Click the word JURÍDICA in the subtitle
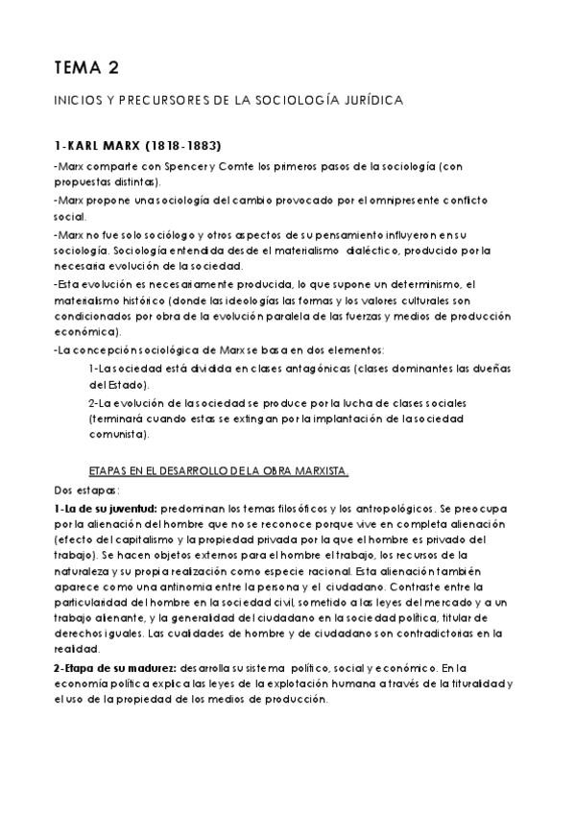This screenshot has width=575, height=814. point(369,100)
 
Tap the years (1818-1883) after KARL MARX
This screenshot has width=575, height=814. point(181,147)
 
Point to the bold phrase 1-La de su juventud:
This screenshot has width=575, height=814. point(106,506)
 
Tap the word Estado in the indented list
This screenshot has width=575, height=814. point(117,384)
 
